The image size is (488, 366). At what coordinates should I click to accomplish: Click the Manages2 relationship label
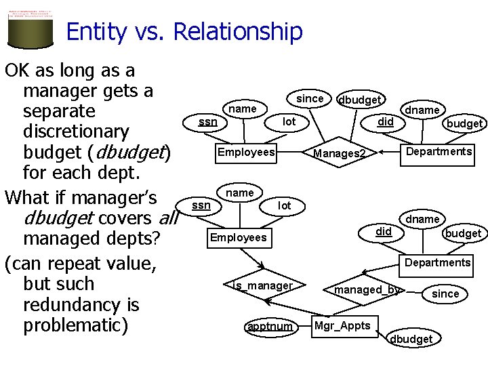(339, 154)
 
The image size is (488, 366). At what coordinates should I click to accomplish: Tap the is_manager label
(262, 286)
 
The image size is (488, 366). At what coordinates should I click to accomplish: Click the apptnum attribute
(270, 327)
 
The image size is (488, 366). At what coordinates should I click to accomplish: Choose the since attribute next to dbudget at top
(310, 98)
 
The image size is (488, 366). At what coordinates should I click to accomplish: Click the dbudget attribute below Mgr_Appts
(411, 338)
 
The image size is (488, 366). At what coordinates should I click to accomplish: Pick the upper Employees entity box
(246, 152)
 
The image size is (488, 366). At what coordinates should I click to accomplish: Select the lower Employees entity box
(238, 237)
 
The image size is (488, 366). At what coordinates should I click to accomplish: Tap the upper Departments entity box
(439, 151)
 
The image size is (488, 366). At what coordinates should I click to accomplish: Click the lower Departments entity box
(437, 262)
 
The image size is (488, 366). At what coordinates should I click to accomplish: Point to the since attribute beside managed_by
(445, 293)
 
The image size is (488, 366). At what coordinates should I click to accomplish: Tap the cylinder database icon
(30, 27)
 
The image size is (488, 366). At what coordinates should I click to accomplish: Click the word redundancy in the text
(81, 305)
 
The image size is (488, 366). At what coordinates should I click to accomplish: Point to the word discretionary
(76, 130)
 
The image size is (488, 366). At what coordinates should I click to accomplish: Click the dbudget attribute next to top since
(359, 100)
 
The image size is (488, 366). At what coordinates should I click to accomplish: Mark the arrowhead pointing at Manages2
(380, 152)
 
